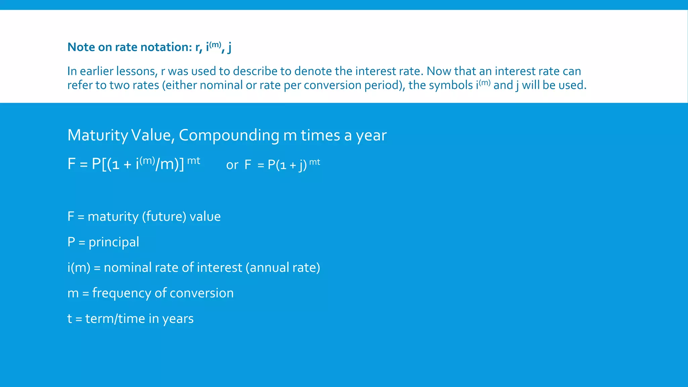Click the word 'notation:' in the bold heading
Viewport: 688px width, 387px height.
click(x=166, y=47)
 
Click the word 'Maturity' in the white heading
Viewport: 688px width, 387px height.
click(x=97, y=135)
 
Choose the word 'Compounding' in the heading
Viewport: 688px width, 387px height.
click(x=229, y=135)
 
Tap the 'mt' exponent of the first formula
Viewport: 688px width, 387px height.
click(x=193, y=161)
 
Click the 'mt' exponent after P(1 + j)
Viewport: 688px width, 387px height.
click(x=314, y=162)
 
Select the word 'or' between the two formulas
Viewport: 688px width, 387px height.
click(x=232, y=165)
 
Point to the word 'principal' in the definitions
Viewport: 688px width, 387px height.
click(x=114, y=242)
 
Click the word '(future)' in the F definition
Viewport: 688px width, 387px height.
click(x=164, y=217)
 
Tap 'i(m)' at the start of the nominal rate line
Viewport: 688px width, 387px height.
click(x=79, y=268)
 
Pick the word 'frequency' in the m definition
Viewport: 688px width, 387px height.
click(x=121, y=293)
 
